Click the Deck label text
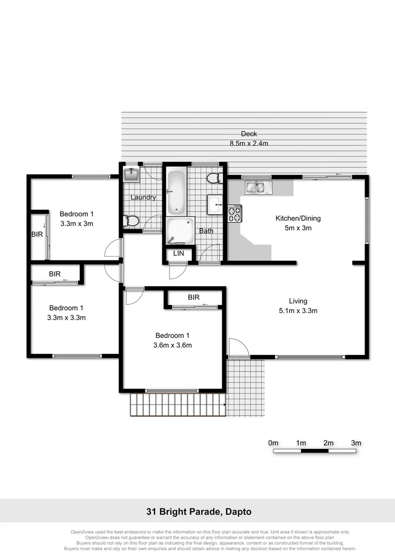pos(249,134)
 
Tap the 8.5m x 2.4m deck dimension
pos(249,143)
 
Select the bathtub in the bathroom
pos(176,192)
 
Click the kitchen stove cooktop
pos(234,213)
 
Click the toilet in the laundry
pos(131,221)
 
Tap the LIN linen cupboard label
pos(178,253)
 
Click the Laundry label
pos(143,197)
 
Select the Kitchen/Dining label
pos(301,219)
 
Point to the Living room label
pos(298,301)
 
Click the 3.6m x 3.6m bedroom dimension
pos(173,345)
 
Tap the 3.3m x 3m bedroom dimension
pos(77,224)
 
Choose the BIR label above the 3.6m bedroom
pos(194,298)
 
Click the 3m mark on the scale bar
pos(356,443)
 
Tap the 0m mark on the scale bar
pos(274,443)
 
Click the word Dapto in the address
pos(239,512)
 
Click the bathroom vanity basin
pos(215,205)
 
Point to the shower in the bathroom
pos(179,230)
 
